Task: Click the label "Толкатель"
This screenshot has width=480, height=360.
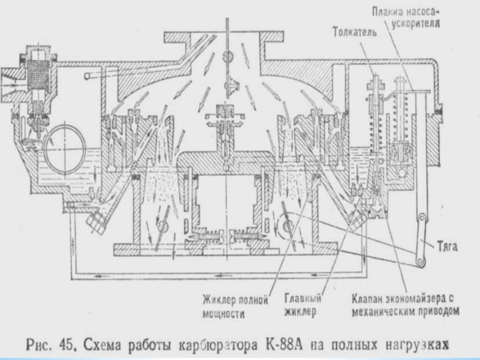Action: (355, 32)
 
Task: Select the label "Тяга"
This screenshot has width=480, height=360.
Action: (447, 247)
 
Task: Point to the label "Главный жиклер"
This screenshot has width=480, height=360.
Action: (303, 305)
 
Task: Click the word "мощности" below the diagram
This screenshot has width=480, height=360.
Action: (224, 313)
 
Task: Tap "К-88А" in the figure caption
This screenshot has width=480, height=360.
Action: (283, 344)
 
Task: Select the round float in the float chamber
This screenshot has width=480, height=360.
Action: (65, 146)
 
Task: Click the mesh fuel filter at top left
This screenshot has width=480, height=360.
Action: (38, 74)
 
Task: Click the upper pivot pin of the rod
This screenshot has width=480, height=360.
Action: (422, 218)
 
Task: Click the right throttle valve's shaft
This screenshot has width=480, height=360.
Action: (288, 226)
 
